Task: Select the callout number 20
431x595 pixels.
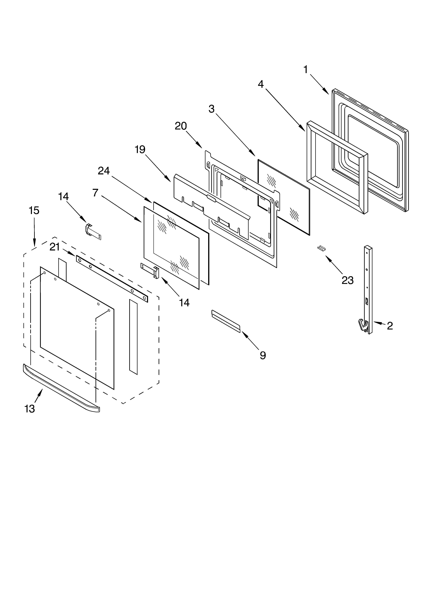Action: pyautogui.click(x=181, y=126)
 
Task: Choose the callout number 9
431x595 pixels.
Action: pyautogui.click(x=263, y=355)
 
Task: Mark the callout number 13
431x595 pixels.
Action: pyautogui.click(x=30, y=409)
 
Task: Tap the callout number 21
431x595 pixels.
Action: pyautogui.click(x=55, y=247)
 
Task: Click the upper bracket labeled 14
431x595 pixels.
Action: pyautogui.click(x=93, y=232)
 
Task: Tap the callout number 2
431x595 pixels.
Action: pyautogui.click(x=390, y=326)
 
